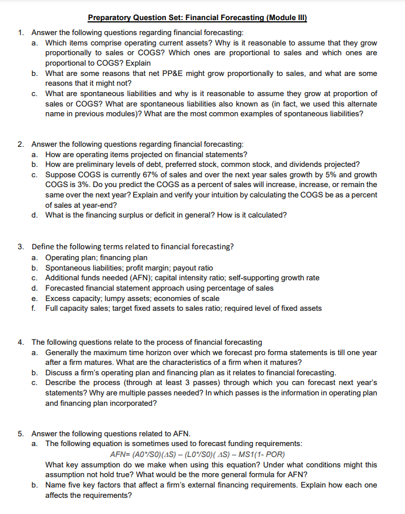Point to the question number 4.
[x=20, y=342]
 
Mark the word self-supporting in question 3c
[x=270, y=277]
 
